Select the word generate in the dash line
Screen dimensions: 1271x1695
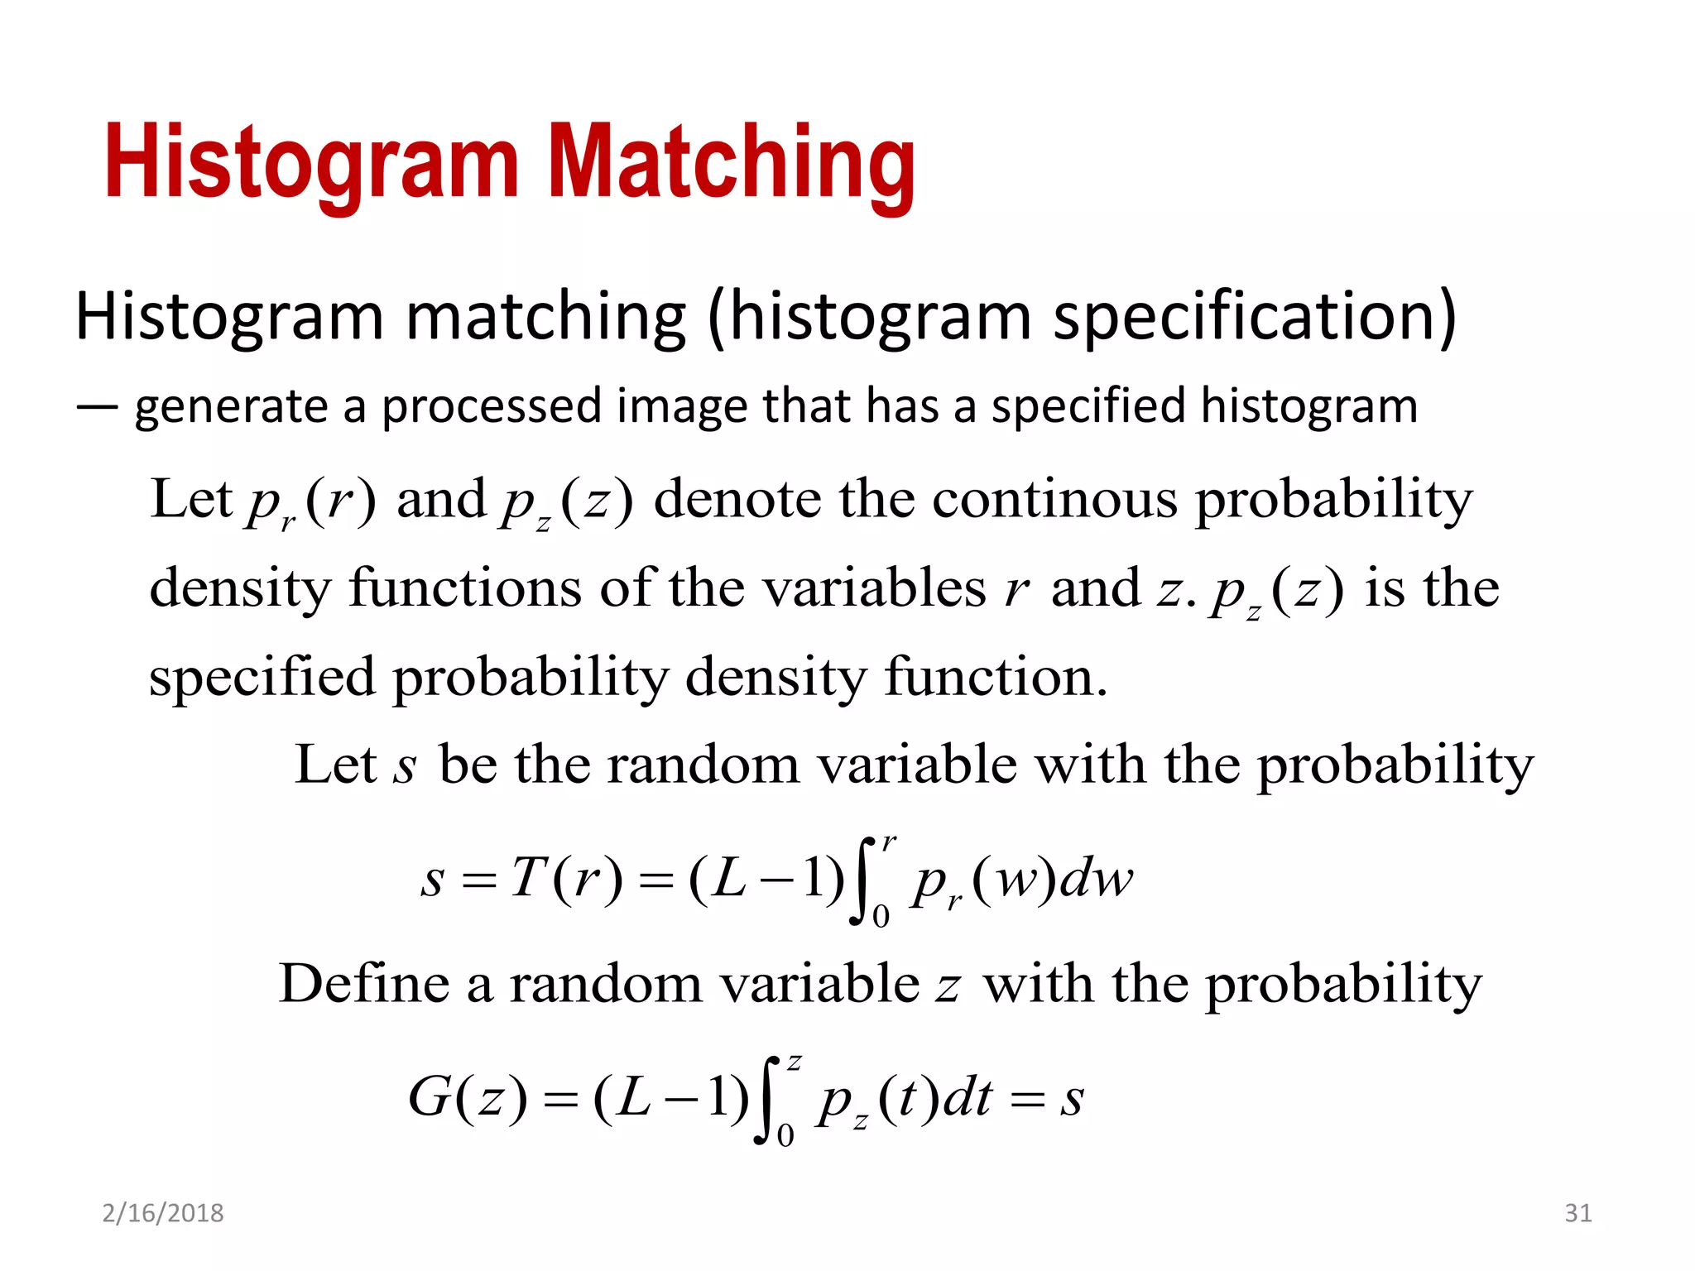(x=231, y=407)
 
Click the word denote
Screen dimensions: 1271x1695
(x=737, y=500)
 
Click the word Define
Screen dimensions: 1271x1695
(x=363, y=984)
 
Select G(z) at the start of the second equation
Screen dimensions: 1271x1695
(x=467, y=1098)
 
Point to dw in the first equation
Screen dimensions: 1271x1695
(x=1096, y=878)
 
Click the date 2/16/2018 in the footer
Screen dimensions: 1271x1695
(x=163, y=1213)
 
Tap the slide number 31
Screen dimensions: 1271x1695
(x=1577, y=1213)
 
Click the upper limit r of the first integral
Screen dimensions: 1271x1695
(x=888, y=843)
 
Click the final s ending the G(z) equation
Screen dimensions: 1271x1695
(x=1071, y=1100)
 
